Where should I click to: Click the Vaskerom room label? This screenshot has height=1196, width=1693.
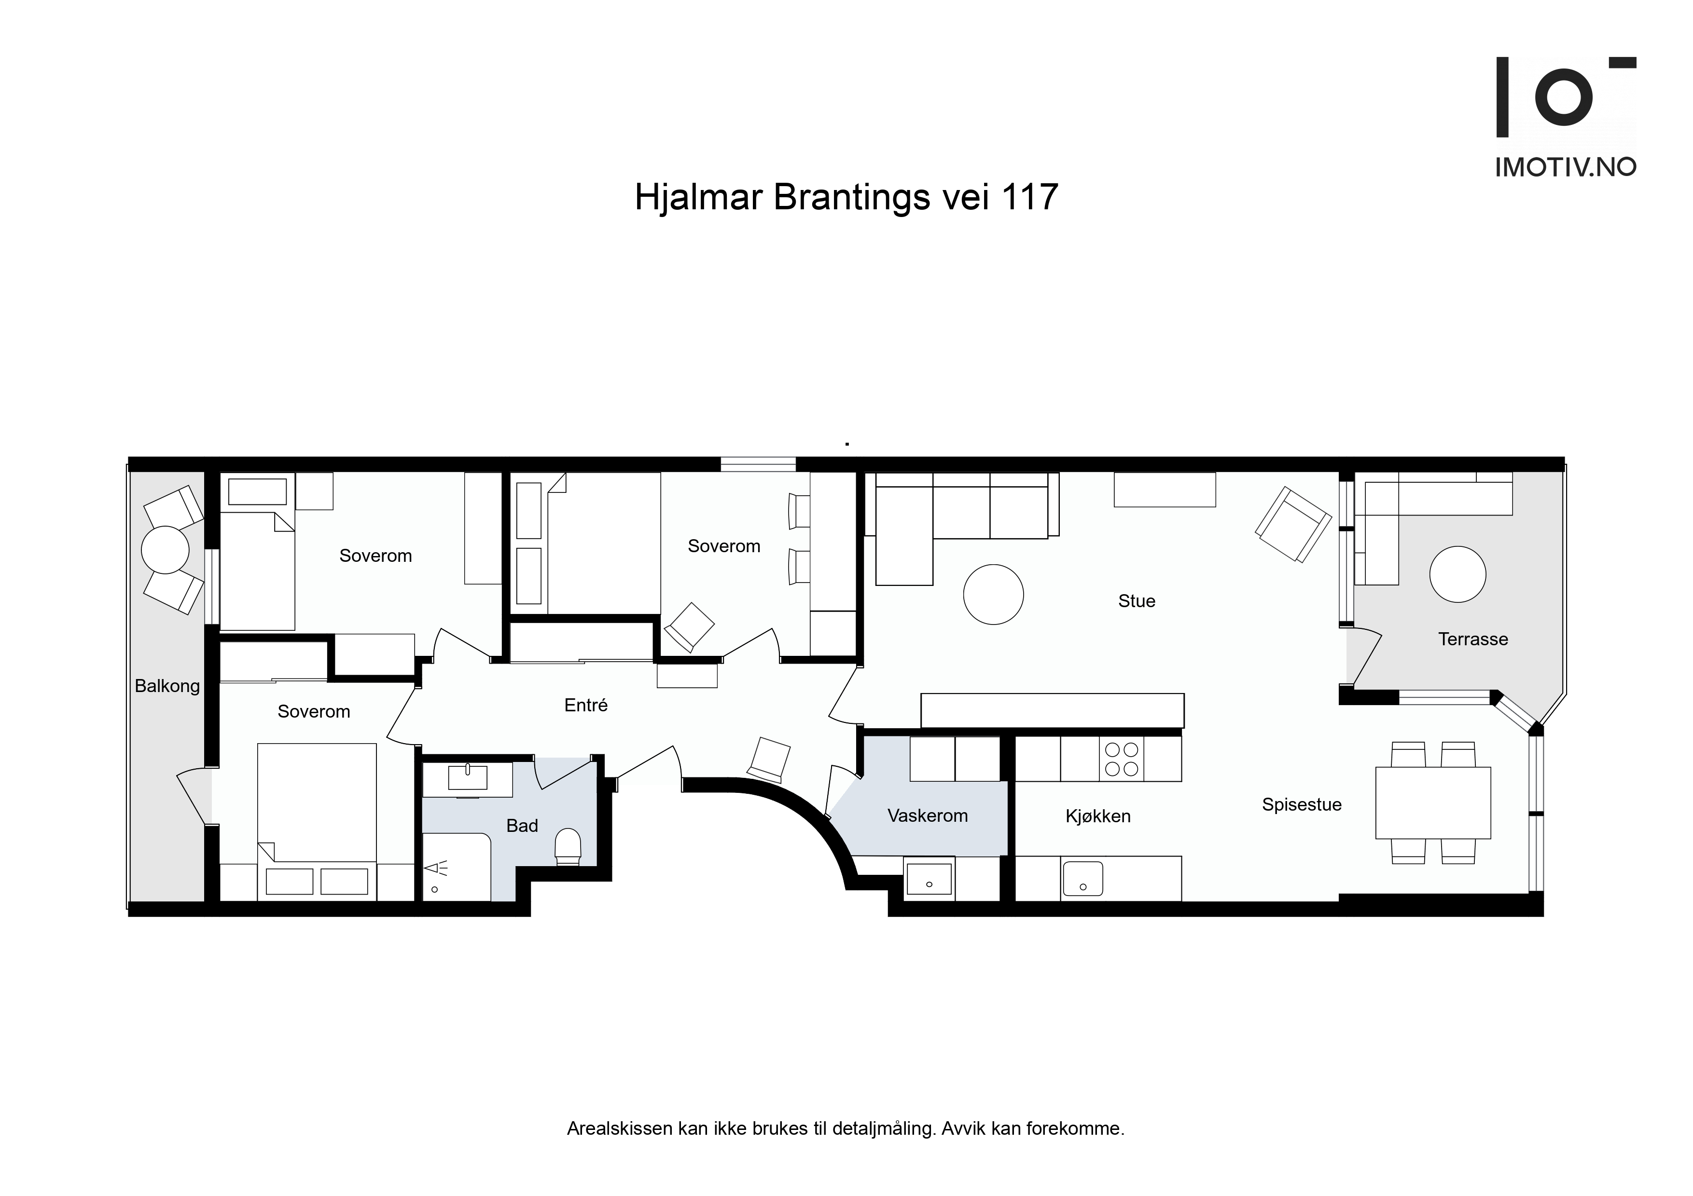(927, 816)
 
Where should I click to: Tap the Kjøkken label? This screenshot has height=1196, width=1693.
(1098, 816)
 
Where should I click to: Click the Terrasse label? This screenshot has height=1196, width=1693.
(1472, 639)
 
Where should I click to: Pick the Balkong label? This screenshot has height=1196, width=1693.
(167, 687)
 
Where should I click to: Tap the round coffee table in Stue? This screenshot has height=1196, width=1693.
(993, 595)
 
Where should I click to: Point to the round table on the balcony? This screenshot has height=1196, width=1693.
(166, 550)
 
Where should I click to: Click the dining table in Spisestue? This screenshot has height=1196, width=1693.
(1433, 802)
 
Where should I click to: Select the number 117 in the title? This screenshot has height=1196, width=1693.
(1029, 198)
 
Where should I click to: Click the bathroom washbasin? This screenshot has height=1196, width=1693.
(468, 777)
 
